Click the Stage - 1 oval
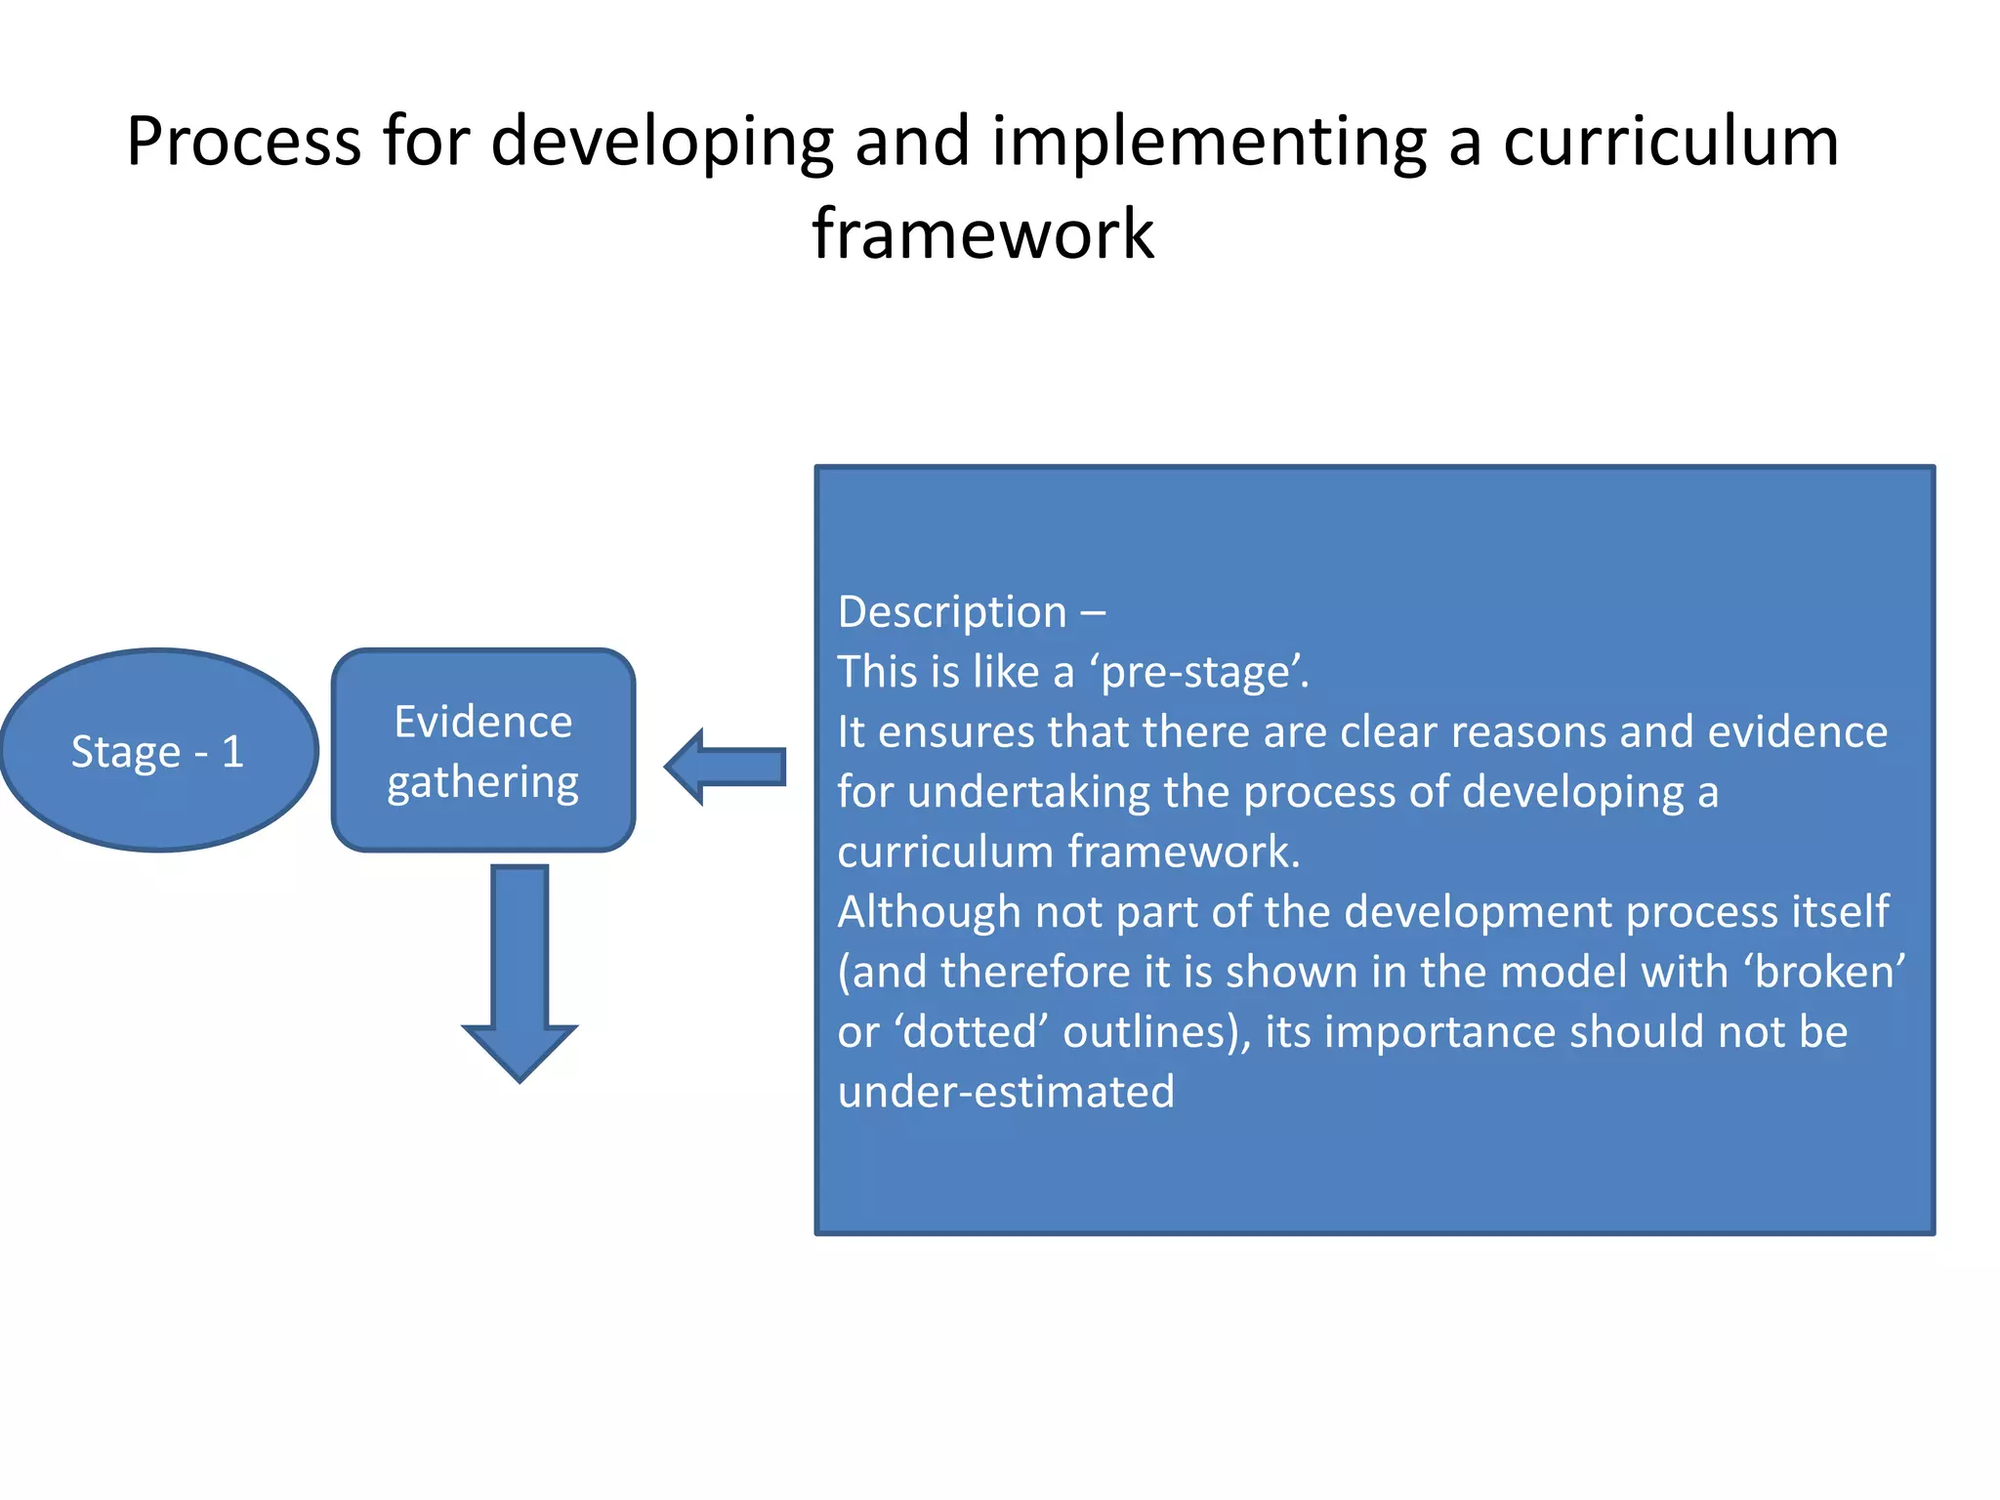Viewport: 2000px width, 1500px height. click(x=159, y=750)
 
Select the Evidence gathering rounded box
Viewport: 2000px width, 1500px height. click(x=483, y=750)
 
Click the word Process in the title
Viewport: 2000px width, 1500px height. click(x=243, y=142)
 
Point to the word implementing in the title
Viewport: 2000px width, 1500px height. click(x=1209, y=142)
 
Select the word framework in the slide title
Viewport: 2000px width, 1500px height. click(x=983, y=234)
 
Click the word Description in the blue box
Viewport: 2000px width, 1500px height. click(x=952, y=612)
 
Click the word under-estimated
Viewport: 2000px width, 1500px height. click(x=1006, y=1092)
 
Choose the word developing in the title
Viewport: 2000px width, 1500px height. click(x=662, y=142)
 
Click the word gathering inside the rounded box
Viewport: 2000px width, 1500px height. click(x=483, y=782)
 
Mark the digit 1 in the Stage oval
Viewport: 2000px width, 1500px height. click(x=232, y=751)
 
